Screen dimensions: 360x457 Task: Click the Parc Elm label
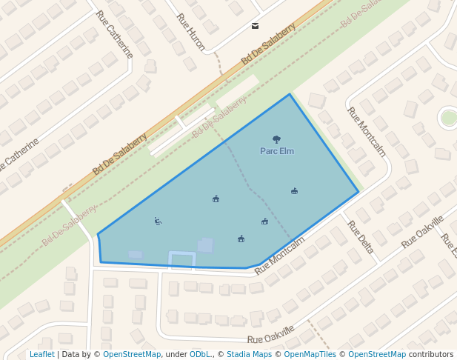coord(277,151)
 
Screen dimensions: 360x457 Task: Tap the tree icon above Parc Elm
coord(277,139)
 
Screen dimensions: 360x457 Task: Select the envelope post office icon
coord(256,26)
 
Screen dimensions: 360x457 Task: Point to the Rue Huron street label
coord(190,32)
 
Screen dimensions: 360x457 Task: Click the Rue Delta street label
coord(360,237)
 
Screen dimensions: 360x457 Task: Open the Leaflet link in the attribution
coord(42,354)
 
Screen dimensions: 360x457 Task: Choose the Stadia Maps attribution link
coord(248,354)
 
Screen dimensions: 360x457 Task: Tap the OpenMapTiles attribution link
coord(309,354)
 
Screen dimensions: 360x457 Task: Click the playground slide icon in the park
coord(158,220)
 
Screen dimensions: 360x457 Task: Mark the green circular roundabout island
coord(449,117)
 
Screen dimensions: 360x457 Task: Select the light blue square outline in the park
coord(181,259)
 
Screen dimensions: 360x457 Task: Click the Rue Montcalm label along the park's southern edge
coord(279,256)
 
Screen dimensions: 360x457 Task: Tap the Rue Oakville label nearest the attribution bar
coord(271,334)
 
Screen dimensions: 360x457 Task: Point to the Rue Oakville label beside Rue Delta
coord(422,232)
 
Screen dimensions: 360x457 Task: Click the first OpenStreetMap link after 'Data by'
coord(132,354)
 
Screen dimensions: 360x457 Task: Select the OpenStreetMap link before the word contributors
coord(377,354)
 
